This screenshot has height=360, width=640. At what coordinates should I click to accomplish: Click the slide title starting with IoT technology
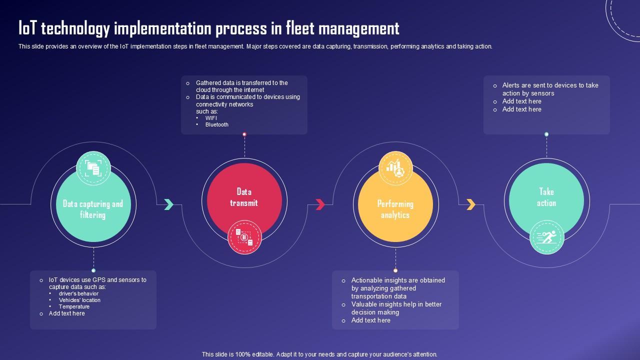click(208, 28)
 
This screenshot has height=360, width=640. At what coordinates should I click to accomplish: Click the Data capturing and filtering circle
click(93, 207)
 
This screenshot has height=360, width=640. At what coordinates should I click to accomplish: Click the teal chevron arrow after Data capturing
click(169, 204)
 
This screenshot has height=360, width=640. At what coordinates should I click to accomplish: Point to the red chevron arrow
click(320, 204)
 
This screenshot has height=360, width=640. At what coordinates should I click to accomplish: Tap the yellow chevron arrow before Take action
click(471, 204)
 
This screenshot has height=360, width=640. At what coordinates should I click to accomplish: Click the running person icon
click(547, 237)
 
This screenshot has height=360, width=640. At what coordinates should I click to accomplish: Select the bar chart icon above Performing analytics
click(396, 168)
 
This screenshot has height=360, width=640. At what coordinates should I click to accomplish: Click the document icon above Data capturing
click(93, 168)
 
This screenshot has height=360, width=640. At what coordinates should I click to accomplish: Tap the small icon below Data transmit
click(244, 237)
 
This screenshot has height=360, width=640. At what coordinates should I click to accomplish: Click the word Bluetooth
click(216, 124)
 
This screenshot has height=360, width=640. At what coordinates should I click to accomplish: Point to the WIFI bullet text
click(211, 118)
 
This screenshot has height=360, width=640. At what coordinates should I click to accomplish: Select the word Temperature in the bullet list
click(74, 306)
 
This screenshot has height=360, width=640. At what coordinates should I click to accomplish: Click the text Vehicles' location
click(79, 300)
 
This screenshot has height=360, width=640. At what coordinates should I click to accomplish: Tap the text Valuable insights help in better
click(396, 304)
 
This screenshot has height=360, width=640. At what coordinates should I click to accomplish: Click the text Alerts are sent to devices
click(550, 85)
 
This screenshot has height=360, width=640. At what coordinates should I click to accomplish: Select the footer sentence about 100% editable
click(319, 354)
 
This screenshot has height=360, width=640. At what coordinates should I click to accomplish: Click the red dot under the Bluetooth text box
click(244, 134)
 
